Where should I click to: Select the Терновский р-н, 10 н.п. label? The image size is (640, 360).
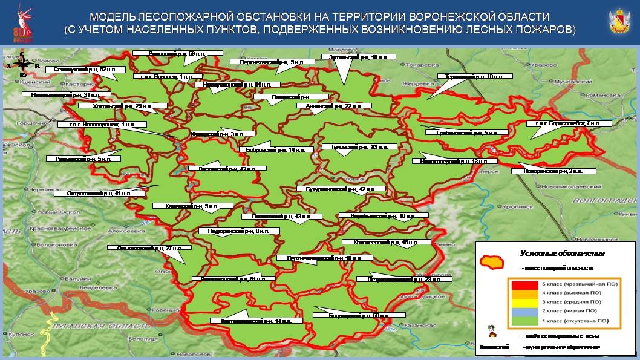click(474, 76)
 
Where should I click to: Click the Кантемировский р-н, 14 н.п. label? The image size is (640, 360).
click(249, 320)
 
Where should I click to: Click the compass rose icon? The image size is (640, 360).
click(22, 64)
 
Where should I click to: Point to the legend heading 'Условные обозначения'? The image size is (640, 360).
click(563, 254)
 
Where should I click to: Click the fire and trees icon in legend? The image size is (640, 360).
click(491, 332)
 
